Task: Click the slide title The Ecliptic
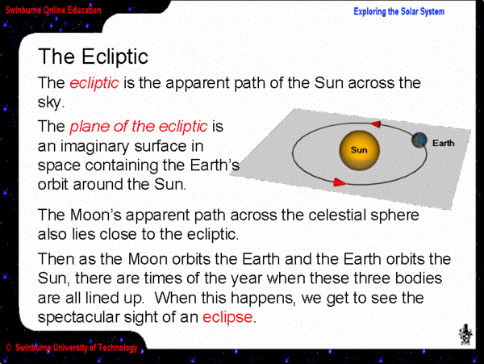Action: point(93,56)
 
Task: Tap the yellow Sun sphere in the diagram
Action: point(359,150)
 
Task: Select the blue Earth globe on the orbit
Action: point(419,140)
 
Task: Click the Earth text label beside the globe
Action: point(443,143)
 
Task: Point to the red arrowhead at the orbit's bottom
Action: point(340,182)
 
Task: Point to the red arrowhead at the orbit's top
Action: point(375,124)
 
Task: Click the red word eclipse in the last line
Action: point(227,317)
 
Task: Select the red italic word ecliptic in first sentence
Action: point(94,83)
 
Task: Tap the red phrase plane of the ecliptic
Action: point(139,127)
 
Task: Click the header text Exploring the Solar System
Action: point(398,12)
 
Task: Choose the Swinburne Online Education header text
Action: point(53,10)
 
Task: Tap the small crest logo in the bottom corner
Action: point(465,334)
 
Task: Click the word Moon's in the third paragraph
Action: point(96,215)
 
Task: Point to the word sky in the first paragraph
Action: point(49,103)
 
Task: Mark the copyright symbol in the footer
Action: point(8,348)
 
